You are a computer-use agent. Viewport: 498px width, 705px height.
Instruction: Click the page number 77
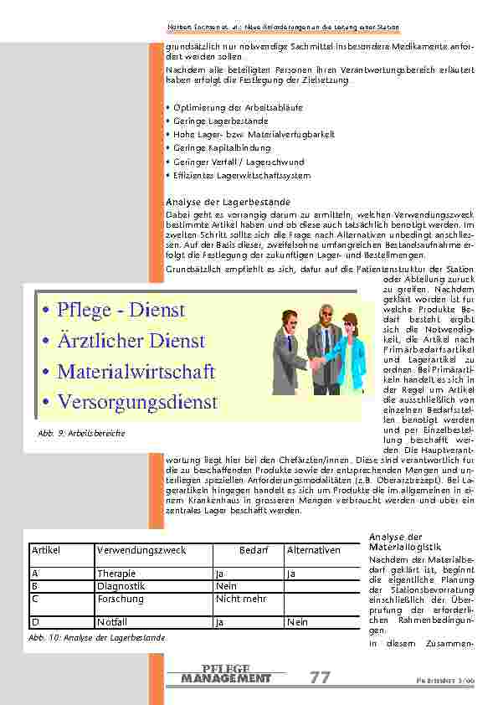[320, 677]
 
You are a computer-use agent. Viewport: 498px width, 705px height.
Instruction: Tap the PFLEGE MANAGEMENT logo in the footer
[226, 674]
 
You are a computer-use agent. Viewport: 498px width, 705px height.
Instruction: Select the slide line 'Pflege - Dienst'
[121, 310]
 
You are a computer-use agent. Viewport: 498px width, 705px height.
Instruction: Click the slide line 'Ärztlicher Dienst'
[131, 341]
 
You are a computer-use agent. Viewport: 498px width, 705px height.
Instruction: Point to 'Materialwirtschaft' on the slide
[136, 371]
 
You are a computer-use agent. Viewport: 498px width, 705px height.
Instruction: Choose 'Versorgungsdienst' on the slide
[137, 402]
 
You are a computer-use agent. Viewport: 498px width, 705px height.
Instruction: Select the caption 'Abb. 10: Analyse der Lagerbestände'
[96, 637]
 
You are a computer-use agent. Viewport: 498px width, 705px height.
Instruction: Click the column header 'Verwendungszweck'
[141, 550]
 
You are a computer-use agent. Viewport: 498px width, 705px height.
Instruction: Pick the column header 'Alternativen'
[314, 550]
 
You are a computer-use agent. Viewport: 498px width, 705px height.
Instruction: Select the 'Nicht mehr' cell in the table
[241, 599]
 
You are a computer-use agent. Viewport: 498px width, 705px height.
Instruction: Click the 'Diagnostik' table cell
[119, 586]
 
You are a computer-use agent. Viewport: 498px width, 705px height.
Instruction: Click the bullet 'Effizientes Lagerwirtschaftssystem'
[241, 176]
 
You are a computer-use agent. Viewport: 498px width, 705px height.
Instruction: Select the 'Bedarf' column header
[254, 550]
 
